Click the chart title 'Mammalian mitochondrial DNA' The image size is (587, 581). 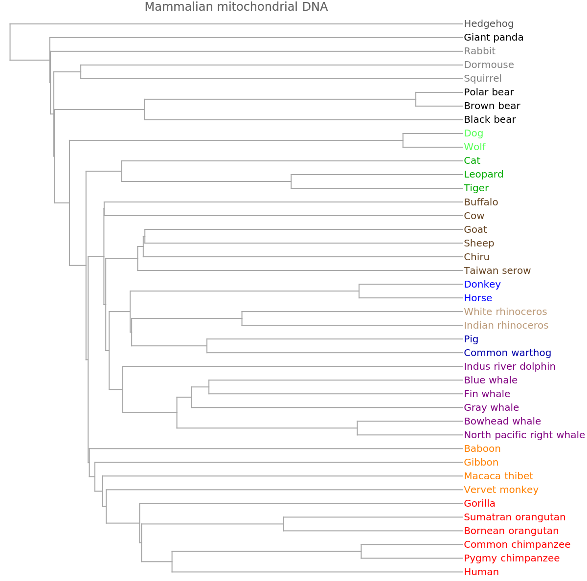[236, 7]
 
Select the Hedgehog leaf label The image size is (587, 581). [489, 23]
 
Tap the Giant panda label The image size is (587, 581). [494, 37]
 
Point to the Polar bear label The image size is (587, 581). [489, 92]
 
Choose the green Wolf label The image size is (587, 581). [474, 147]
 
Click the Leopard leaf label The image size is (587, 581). [483, 174]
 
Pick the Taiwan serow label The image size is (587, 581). [497, 270]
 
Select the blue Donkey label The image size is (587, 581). [482, 284]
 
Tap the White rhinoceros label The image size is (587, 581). [505, 312]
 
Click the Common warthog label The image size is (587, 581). [507, 353]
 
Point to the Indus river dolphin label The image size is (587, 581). [510, 366]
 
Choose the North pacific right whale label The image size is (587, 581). [524, 435]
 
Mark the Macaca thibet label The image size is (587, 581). [498, 476]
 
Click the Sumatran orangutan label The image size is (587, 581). [515, 517]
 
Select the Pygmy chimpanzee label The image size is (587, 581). [512, 558]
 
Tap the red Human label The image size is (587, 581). [481, 572]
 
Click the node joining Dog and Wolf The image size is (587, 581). [403, 140]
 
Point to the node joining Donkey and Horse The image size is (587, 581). [359, 291]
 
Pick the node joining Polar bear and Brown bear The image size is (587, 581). [416, 99]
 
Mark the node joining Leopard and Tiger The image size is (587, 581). [292, 181]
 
